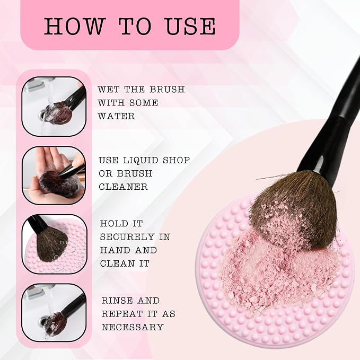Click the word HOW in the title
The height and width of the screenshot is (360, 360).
coord(75,26)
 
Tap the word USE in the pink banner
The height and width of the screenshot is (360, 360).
coord(190,26)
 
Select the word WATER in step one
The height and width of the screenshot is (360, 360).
coord(116,116)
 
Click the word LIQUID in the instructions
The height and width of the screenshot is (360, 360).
coord(141,160)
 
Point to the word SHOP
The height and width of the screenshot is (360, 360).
coord(177,160)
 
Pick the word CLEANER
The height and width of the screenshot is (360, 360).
coord(123,187)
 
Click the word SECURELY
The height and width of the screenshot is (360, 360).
coord(127,236)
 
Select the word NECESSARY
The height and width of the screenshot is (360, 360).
coord(133,327)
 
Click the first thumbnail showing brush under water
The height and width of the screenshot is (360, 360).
coord(54,106)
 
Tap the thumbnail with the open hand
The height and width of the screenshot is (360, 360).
coord(54,175)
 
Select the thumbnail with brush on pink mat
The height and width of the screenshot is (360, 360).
coord(54,244)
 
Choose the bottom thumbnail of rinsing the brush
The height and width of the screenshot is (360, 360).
coord(54,313)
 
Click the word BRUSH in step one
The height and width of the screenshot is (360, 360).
coord(167,89)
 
